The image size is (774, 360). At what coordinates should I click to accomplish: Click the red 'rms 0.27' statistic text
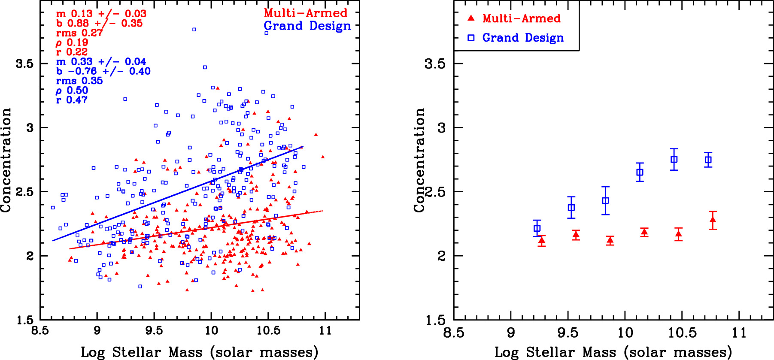point(79,33)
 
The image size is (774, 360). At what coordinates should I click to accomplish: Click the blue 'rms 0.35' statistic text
point(79,81)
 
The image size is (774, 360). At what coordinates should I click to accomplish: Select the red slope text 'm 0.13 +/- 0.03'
point(101,14)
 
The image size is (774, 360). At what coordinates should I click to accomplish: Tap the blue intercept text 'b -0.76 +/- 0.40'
point(103,71)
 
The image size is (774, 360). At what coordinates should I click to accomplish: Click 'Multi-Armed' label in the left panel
point(305,13)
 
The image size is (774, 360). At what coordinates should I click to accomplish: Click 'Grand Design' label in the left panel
point(307,26)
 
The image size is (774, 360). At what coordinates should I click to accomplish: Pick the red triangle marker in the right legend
point(471,18)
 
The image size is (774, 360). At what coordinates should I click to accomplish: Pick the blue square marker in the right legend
point(471,38)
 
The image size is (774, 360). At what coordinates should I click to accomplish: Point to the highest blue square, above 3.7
point(194,30)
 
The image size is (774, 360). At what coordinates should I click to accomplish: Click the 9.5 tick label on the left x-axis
point(154,331)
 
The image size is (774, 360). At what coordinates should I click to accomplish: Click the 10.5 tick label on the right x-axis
point(682,333)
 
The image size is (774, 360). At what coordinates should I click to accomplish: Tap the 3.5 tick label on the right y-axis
point(434,64)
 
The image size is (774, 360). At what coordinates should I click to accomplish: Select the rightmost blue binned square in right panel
point(708,160)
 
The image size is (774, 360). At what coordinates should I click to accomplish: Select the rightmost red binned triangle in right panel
point(713,221)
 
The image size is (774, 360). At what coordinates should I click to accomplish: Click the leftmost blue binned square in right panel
point(537,228)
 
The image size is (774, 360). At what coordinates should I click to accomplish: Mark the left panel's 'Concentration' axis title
point(6,160)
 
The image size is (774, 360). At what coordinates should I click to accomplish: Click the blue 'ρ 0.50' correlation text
point(72,91)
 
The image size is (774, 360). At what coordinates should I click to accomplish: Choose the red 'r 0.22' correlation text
point(72,52)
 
